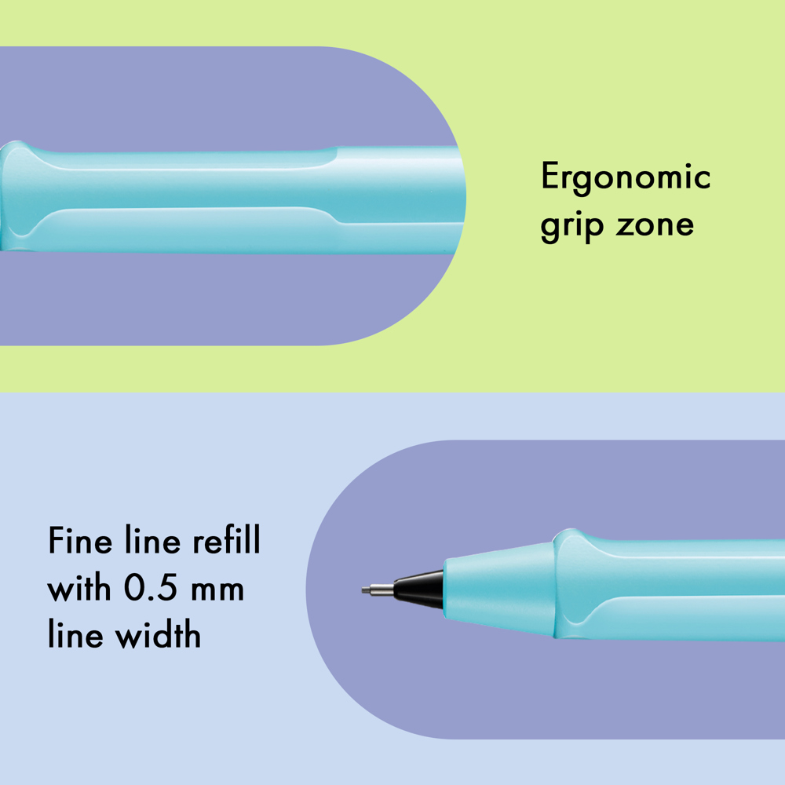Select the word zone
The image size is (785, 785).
click(x=655, y=225)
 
